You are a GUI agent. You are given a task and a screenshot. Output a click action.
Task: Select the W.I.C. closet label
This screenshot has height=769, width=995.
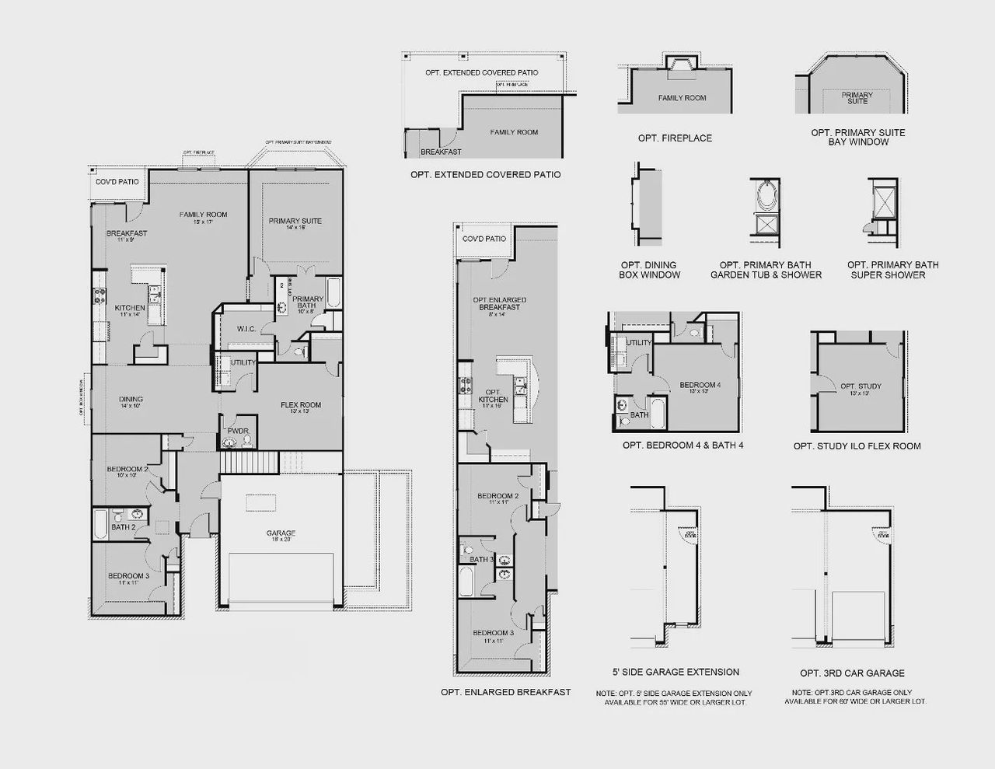pos(246,330)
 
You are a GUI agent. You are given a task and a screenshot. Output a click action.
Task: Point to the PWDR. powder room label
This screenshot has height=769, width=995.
pos(237,431)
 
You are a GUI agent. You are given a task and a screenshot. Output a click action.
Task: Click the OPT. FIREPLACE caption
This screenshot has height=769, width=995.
pos(675,138)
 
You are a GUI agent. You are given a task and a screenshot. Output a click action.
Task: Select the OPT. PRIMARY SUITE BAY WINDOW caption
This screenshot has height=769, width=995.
pos(858,137)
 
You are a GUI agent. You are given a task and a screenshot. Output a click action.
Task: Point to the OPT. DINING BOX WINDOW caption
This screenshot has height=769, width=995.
pos(649,270)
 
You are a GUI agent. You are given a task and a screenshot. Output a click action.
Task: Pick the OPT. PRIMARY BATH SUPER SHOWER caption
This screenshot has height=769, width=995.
pos(892,270)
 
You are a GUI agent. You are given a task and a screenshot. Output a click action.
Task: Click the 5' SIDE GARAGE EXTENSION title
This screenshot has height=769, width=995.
pos(676,672)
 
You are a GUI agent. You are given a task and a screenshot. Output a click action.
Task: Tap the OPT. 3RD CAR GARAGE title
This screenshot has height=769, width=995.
pos(852,673)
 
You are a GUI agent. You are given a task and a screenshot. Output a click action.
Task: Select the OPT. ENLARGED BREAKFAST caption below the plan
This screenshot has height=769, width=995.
pos(505,692)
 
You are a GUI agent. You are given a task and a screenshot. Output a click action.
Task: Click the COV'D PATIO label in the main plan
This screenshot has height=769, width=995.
pos(117,181)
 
